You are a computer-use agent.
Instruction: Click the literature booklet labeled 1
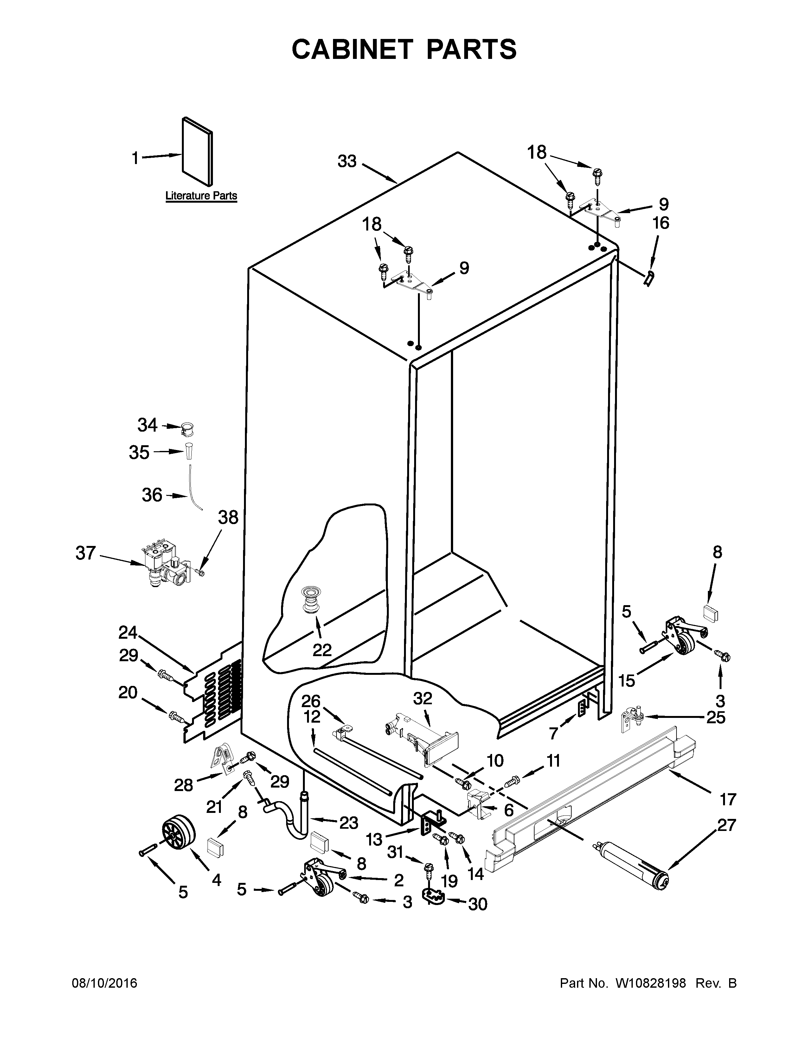pos(197,152)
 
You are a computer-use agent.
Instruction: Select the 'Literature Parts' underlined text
pos(201,196)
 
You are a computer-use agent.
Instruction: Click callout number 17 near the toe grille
pos(728,799)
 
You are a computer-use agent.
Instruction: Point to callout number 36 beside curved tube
pos(152,495)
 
